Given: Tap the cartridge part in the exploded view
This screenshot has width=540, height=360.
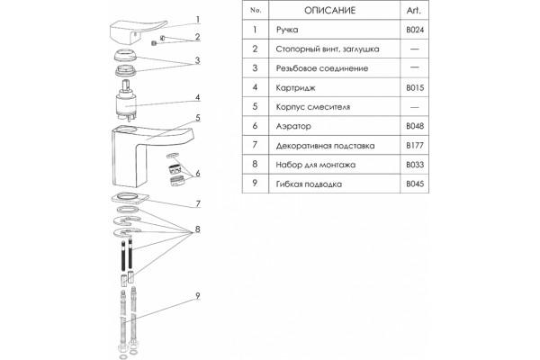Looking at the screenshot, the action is coord(126,101).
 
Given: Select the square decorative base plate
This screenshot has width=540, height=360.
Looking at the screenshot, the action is coord(130,198).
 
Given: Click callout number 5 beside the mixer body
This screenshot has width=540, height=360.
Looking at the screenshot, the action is coord(198,118).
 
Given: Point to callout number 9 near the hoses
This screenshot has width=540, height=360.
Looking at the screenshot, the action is coord(198,295).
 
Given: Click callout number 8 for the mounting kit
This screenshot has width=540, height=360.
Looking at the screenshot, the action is coord(197,229).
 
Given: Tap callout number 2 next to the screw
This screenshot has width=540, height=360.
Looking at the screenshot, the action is coord(198,37).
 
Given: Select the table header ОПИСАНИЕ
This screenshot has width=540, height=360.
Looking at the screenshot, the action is coord(329,10).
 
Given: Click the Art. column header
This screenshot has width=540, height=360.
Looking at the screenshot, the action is coord(414,10).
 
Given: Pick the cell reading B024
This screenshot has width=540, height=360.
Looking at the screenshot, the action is coord(415,30).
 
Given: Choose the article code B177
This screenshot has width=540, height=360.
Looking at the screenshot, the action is coord(415,146).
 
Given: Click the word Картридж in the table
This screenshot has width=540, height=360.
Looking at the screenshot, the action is coord(295,88).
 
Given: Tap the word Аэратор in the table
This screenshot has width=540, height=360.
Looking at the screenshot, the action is coord(293,126).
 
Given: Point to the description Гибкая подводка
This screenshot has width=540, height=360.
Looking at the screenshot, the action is coord(309,184).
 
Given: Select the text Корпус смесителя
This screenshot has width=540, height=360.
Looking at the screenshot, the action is coord(312,107).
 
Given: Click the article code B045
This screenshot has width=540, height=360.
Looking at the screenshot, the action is coord(415,184).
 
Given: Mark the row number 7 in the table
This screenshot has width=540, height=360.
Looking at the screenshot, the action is coord(255,145).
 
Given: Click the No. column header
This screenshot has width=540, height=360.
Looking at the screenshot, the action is coord(256,10).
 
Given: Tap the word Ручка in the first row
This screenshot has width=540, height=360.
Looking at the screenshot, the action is coord(287,30).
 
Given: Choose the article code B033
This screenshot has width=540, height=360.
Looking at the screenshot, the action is coord(415,165).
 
